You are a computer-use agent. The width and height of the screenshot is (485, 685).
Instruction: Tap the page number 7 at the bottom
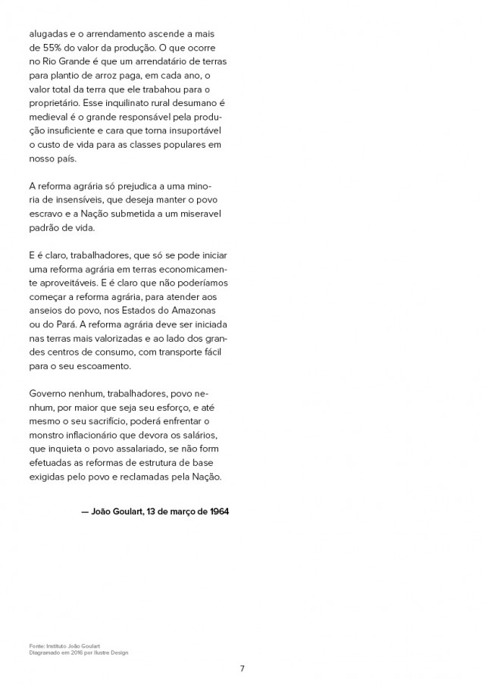(242, 668)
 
